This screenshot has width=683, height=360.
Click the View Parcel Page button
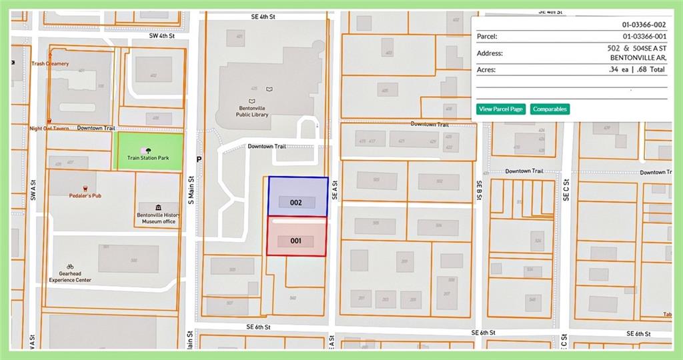click(x=501, y=109)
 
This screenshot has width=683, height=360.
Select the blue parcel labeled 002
click(x=297, y=197)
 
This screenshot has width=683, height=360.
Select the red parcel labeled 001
click(x=297, y=236)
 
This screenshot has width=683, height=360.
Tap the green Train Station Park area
click(x=149, y=152)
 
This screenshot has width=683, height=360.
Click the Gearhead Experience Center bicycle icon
click(x=70, y=267)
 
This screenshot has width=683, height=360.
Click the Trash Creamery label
click(x=50, y=64)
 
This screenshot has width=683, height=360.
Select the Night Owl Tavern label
click(x=49, y=128)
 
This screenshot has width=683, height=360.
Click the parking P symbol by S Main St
click(x=199, y=159)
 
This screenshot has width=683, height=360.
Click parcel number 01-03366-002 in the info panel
click(x=644, y=24)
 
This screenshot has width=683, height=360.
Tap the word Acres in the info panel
click(x=486, y=69)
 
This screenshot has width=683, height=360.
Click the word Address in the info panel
click(x=490, y=53)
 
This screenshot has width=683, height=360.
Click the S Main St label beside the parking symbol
click(x=190, y=188)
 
